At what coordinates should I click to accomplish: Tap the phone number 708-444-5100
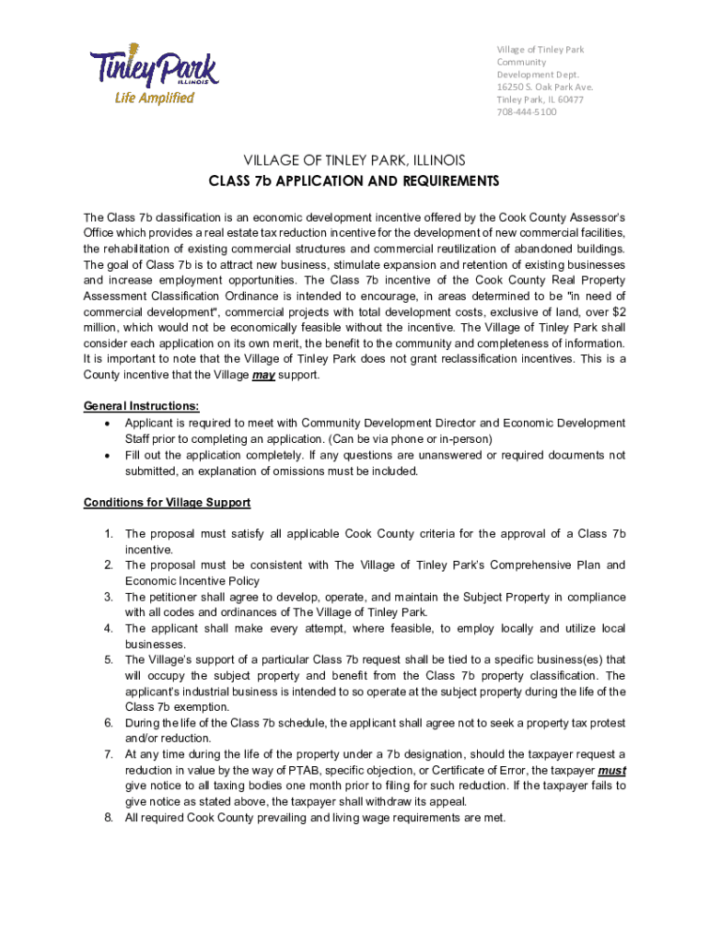point(527,112)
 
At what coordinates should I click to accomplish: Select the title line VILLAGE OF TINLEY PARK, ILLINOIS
point(354,159)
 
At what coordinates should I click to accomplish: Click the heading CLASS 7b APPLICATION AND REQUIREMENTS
point(354,180)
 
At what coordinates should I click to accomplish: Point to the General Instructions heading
point(141,406)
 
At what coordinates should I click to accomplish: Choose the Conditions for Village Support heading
point(167,503)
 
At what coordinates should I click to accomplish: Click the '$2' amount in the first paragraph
point(619,311)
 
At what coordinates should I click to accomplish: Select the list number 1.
point(108,534)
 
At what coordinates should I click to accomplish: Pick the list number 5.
point(108,659)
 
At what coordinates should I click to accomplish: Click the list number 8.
point(108,818)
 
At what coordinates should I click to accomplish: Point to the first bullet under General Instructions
point(109,424)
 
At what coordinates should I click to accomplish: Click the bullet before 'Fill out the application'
point(109,456)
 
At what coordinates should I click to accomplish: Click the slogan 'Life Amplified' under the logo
point(154,99)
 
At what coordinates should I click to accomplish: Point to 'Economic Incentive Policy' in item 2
point(192,581)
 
